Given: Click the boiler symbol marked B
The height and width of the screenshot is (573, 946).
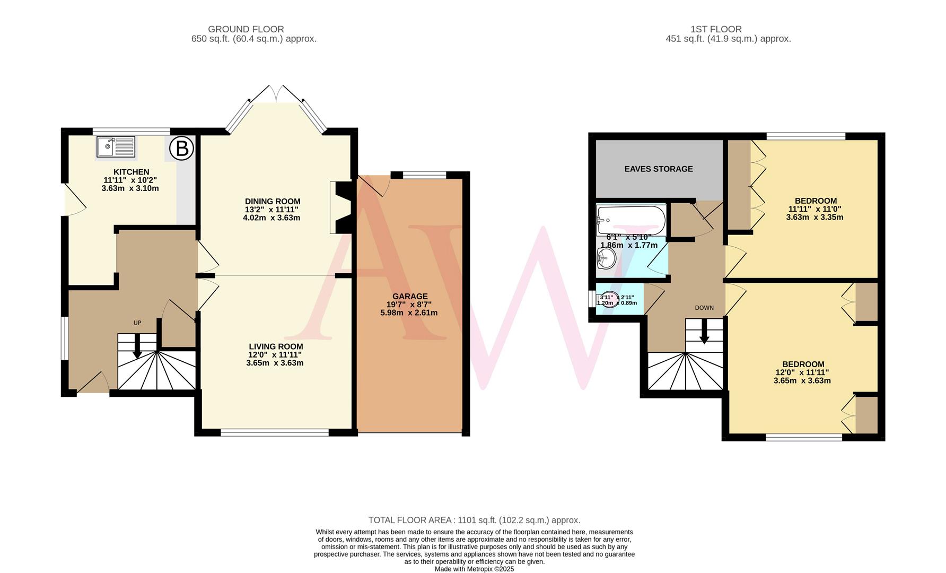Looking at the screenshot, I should click(182, 149).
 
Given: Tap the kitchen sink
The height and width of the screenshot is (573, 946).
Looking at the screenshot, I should click(116, 147).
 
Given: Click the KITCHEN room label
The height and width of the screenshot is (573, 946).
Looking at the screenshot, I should click(131, 172).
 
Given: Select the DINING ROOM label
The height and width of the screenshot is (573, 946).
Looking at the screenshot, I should click(273, 202).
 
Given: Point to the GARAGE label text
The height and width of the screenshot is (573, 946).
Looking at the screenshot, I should click(409, 297).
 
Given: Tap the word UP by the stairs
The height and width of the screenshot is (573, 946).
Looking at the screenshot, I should click(137, 323).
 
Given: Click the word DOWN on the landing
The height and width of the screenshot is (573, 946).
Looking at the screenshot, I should click(704, 308).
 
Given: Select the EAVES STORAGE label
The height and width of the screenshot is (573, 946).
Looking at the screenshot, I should click(658, 169).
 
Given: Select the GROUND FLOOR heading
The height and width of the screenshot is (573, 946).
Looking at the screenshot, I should click(246, 29).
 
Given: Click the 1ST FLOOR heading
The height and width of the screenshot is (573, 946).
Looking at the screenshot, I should click(716, 29).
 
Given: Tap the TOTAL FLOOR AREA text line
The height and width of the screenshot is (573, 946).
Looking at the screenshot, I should click(474, 520).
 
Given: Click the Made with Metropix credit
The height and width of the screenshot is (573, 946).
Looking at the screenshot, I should click(474, 569).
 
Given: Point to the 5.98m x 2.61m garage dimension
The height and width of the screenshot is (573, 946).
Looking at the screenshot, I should click(409, 313).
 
